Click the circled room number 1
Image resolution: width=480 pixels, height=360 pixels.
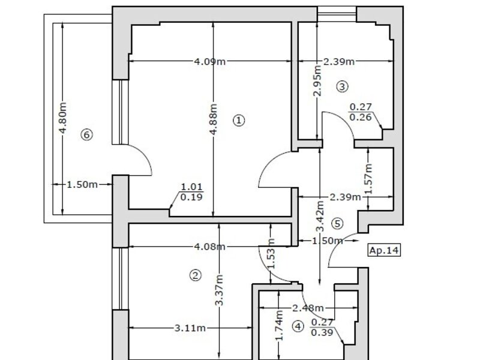click(x=239, y=121)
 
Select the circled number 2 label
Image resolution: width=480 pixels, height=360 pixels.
click(x=196, y=275)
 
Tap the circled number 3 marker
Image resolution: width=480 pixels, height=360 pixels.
click(x=342, y=86)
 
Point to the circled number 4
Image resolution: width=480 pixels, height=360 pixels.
click(x=298, y=326)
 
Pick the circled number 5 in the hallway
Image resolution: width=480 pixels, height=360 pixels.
click(x=337, y=223)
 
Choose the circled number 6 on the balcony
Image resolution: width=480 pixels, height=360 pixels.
click(x=86, y=134)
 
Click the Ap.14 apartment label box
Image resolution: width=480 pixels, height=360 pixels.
click(x=384, y=250)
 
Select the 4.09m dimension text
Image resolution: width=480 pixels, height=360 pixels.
click(x=210, y=62)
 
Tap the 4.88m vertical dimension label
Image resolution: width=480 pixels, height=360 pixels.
click(x=214, y=119)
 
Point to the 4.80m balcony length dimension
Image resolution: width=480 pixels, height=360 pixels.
click(x=62, y=118)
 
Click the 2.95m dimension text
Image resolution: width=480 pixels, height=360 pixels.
click(x=318, y=81)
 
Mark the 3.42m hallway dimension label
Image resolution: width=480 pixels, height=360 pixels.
click(x=320, y=216)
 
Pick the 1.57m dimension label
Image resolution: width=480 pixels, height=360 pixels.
click(x=368, y=179)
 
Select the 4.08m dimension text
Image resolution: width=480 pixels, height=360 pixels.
click(x=210, y=247)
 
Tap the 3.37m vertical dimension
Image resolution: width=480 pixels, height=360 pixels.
click(x=219, y=290)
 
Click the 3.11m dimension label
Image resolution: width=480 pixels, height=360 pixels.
click(x=190, y=328)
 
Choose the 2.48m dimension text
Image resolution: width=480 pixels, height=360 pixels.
click(x=308, y=308)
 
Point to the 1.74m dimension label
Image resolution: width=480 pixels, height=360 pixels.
click(x=279, y=325)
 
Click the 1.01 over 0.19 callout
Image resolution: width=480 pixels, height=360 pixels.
click(x=191, y=192)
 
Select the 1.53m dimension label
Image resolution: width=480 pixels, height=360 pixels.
click(x=271, y=253)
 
